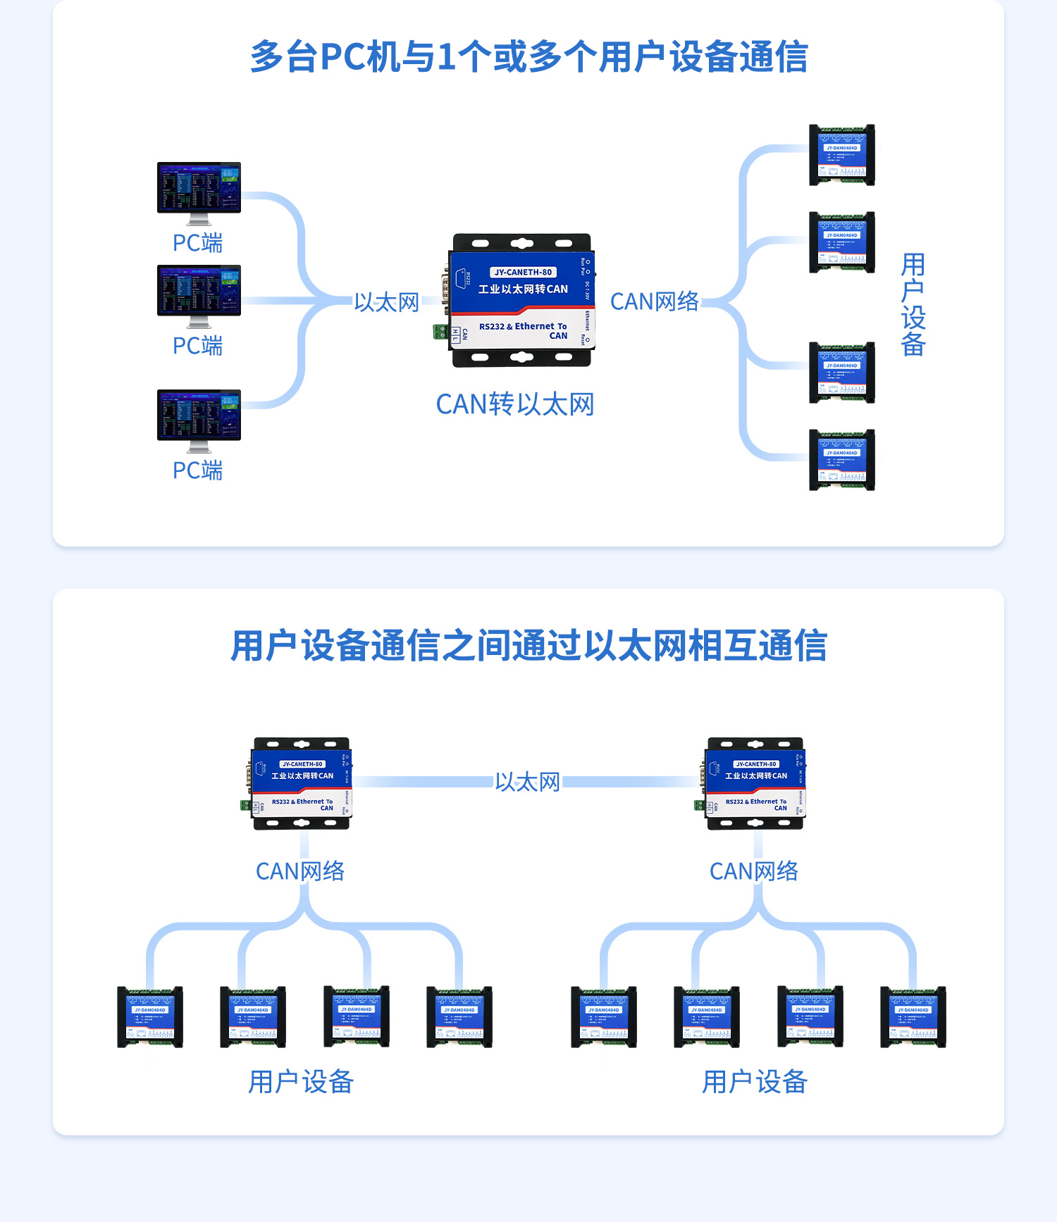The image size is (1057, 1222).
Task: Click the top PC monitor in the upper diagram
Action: tap(199, 188)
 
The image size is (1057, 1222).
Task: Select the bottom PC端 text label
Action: tap(197, 470)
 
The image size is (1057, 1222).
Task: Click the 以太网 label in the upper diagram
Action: tap(386, 302)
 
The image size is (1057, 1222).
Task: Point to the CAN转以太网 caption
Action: tap(514, 404)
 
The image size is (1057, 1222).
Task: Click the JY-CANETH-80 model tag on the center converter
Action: tap(523, 272)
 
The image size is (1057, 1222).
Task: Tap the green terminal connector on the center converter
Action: tap(440, 331)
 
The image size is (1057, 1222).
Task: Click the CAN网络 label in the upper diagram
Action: tap(654, 301)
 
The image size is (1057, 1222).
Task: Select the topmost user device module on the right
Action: tap(841, 155)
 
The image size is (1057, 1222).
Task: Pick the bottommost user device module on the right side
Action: tap(841, 460)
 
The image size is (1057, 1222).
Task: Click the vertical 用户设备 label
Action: tap(913, 304)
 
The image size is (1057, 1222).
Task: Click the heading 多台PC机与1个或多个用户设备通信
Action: tap(528, 56)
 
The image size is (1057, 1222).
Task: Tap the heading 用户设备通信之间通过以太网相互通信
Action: tap(528, 645)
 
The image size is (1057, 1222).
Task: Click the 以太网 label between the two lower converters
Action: tap(527, 782)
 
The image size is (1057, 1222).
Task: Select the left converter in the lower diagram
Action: tap(302, 783)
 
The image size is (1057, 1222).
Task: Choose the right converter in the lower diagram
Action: tap(755, 783)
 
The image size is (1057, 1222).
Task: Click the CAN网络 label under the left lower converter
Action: tap(300, 871)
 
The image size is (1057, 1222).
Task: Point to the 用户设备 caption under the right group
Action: tap(754, 1081)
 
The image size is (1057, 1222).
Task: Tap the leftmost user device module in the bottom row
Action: tap(150, 1017)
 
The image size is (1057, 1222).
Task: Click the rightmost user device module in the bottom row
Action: tap(913, 1017)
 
